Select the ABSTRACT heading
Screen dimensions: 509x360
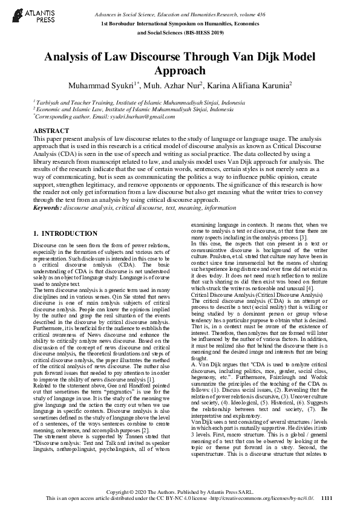coord(50,131)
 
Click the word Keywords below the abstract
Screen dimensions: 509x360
coord(47,207)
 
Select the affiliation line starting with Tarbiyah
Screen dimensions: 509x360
coord(133,103)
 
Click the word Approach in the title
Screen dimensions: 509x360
coord(180,71)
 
